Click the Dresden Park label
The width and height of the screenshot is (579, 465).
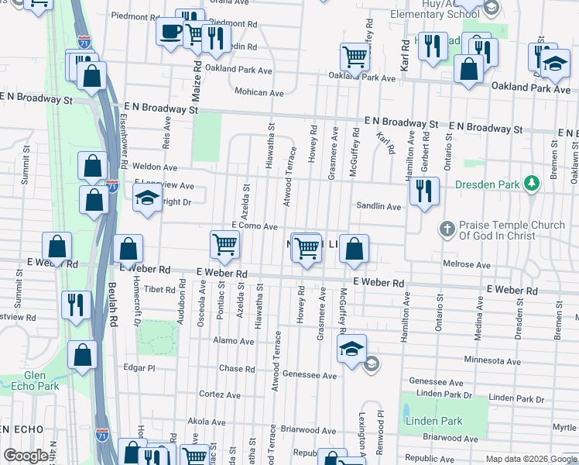coord(488,184)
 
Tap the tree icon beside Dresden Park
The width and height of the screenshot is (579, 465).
coord(531,184)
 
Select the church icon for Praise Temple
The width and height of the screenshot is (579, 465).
coord(446,229)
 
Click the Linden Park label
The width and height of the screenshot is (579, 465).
coord(433,421)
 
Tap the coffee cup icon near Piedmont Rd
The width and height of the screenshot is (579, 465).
coord(170,33)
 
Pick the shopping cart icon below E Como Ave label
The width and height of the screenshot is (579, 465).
coord(224,244)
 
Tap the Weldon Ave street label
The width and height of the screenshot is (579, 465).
coord(155,167)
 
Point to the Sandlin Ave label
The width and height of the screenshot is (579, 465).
coord(379,207)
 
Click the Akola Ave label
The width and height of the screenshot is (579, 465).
coord(204,422)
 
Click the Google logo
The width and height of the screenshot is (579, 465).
coord(26,456)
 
